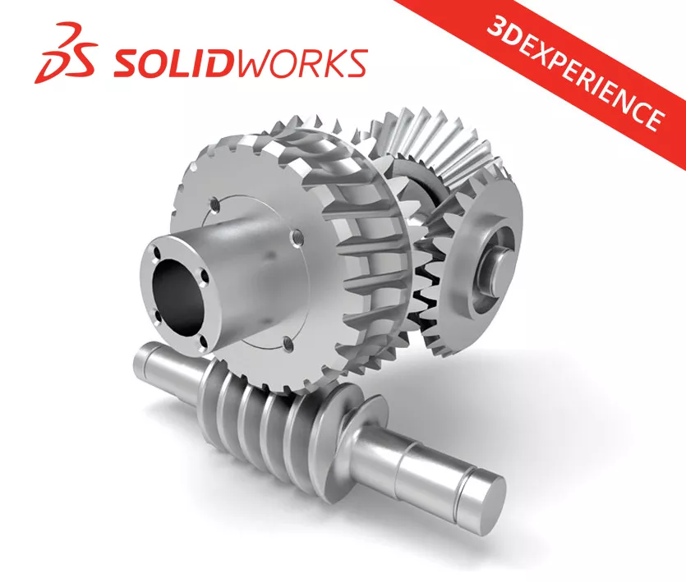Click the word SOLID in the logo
pos(168,62)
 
